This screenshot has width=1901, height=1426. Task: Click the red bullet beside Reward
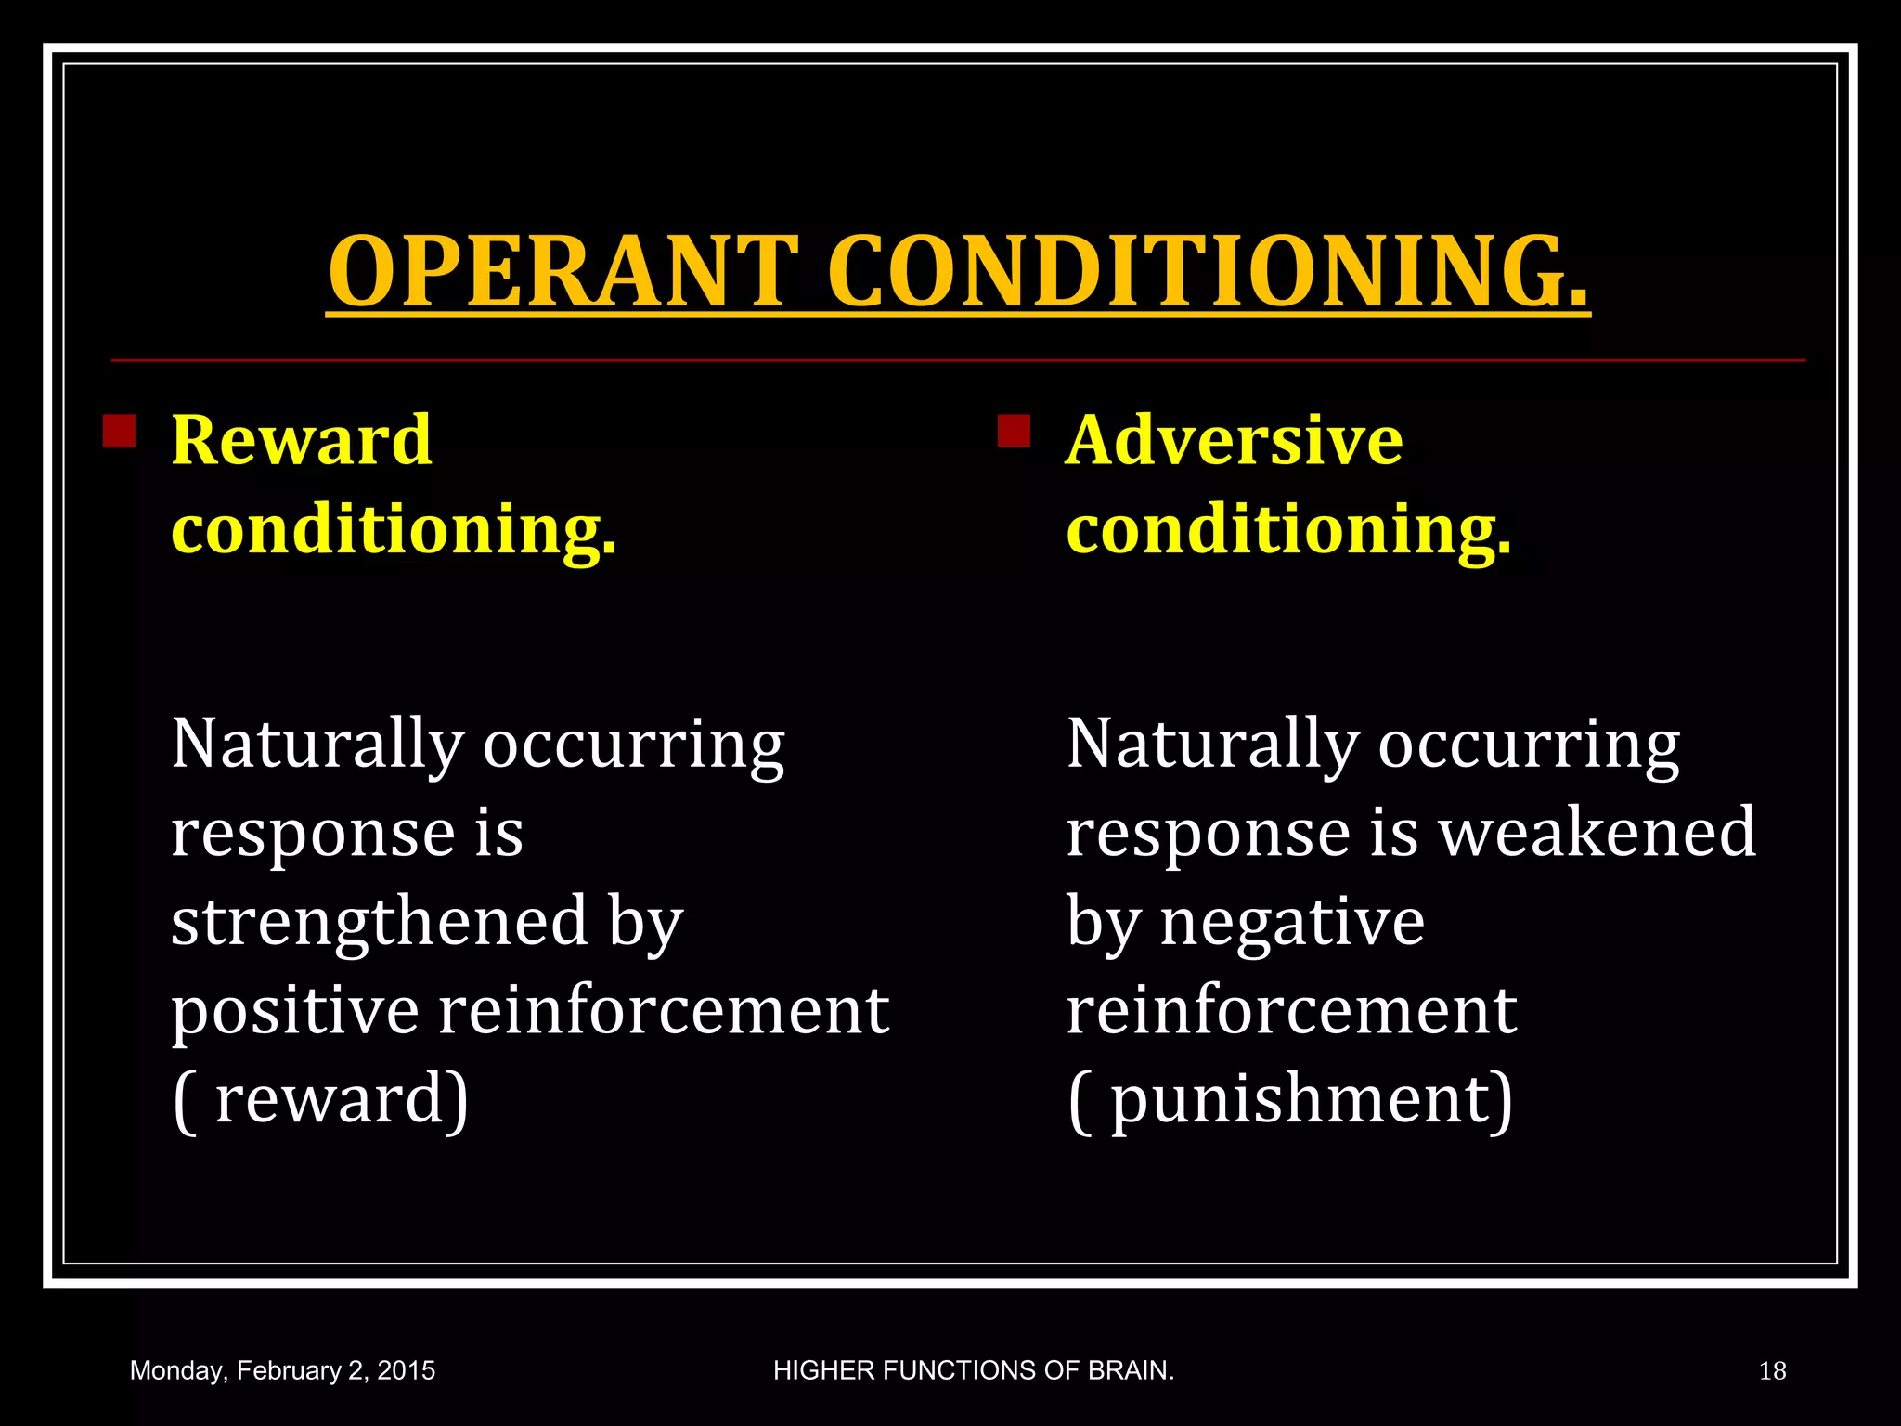119,431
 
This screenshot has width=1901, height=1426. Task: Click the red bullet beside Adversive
1014,431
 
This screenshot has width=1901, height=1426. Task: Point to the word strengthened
380,922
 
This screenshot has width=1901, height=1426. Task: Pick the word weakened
1597,832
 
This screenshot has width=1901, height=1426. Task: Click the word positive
295,1010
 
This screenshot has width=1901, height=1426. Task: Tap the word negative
1292,922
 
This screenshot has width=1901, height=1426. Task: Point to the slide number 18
1772,1371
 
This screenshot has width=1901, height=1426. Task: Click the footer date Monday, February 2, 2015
282,1371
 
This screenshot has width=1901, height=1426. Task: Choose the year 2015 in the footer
406,1371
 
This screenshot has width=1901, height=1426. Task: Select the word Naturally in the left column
317,745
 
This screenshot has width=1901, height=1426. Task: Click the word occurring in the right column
1528,745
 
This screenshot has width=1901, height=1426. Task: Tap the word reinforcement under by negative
1291,1010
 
